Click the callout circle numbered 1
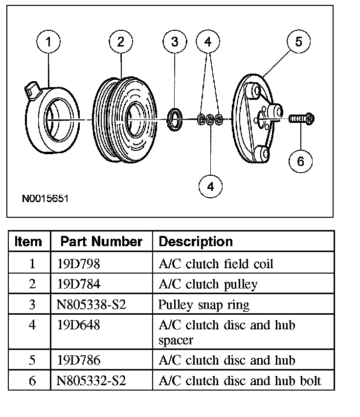48,43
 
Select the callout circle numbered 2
120,43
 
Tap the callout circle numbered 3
175,43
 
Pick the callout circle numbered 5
298,43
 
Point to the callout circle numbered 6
300,161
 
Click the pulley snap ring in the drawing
175,119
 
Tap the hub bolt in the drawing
300,118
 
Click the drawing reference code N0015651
45,199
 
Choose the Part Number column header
101,241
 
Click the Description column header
196,241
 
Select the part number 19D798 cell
78,264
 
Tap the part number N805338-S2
91,304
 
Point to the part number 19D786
79,361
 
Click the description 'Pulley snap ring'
203,304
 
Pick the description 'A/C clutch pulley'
208,284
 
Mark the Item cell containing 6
32,381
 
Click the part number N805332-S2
91,381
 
